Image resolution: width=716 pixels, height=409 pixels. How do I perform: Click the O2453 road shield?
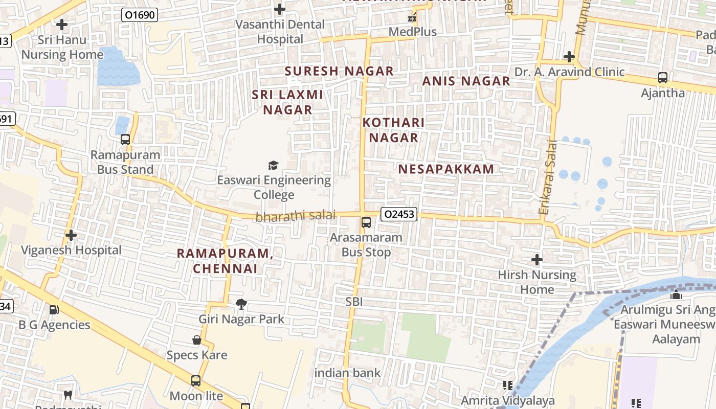pyautogui.click(x=399, y=214)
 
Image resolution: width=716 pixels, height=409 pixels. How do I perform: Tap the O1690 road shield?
pyautogui.click(x=139, y=15)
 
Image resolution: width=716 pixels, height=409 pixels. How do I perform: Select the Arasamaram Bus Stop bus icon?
pyautogui.click(x=366, y=222)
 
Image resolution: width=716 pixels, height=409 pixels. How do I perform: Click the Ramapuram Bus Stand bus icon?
pyautogui.click(x=125, y=140)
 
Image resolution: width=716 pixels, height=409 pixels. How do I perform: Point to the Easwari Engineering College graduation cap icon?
pyautogui.click(x=274, y=165)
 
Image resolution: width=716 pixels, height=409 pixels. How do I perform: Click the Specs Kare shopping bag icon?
pyautogui.click(x=196, y=340)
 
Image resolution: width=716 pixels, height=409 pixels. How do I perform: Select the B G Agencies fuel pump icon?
pyautogui.click(x=54, y=310)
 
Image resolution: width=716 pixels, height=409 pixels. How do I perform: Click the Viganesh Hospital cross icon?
pyautogui.click(x=71, y=235)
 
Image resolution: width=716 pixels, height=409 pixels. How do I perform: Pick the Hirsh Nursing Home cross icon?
pyautogui.click(x=536, y=260)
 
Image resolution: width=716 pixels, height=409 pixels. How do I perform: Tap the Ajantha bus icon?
pyautogui.click(x=663, y=78)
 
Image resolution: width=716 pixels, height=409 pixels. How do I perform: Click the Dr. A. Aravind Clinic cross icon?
pyautogui.click(x=569, y=57)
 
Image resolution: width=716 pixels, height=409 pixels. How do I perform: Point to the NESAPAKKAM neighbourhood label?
pyautogui.click(x=446, y=169)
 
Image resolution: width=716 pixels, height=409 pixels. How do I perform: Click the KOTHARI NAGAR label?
pyautogui.click(x=394, y=130)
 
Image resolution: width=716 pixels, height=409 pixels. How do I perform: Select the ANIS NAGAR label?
pyautogui.click(x=466, y=81)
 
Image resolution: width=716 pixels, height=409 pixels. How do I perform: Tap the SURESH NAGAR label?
pyautogui.click(x=339, y=71)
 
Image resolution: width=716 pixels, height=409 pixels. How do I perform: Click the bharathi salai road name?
pyautogui.click(x=296, y=216)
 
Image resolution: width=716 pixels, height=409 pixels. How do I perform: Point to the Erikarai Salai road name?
pyautogui.click(x=547, y=177)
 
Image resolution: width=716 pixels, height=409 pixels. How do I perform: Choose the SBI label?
pyautogui.click(x=354, y=302)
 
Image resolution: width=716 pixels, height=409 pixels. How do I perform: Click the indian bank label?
pyautogui.click(x=347, y=373)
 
